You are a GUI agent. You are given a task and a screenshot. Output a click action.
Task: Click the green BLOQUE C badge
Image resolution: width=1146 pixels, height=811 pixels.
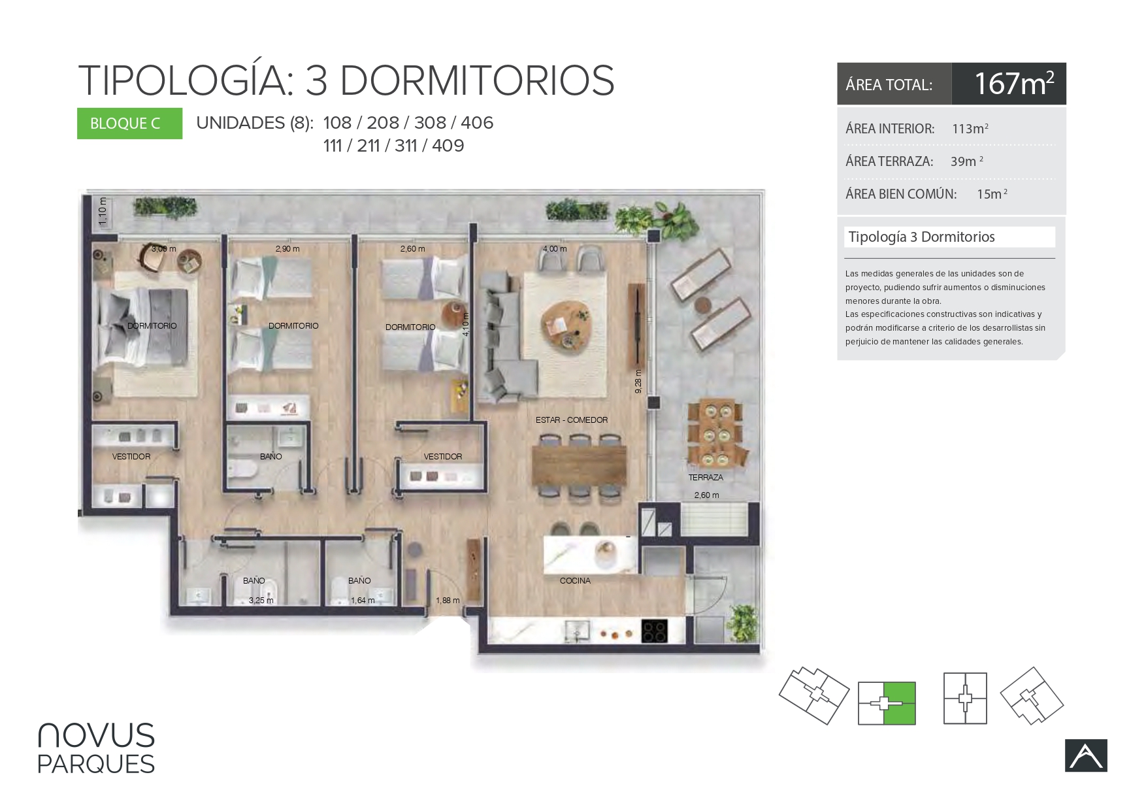pyautogui.click(x=129, y=124)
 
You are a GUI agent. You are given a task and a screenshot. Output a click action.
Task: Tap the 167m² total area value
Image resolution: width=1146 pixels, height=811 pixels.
pyautogui.click(x=1014, y=84)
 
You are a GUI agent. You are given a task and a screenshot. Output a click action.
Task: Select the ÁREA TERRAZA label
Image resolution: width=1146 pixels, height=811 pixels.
pyautogui.click(x=889, y=161)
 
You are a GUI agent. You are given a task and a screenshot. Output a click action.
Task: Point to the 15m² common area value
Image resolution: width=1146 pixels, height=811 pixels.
pyautogui.click(x=992, y=193)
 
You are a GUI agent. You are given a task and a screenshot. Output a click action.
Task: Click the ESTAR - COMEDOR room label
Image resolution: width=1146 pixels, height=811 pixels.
pyautogui.click(x=572, y=420)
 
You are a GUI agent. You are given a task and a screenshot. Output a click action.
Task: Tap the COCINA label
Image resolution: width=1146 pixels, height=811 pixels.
pyautogui.click(x=575, y=581)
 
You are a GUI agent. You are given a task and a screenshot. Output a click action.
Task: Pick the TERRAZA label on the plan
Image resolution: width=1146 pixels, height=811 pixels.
pyautogui.click(x=706, y=478)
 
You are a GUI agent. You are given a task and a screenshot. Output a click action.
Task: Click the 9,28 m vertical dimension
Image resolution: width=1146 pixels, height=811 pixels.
pyautogui.click(x=638, y=382)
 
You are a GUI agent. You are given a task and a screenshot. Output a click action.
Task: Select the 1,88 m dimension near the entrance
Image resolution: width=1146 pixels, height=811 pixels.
pyautogui.click(x=448, y=601)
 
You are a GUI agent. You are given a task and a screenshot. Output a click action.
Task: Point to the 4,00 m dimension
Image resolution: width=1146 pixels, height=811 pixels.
pyautogui.click(x=555, y=249)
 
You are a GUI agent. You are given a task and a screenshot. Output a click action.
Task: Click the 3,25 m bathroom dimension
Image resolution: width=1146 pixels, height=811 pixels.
pyautogui.click(x=261, y=601)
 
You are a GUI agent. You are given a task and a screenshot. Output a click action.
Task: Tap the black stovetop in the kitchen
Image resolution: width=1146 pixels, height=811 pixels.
pyautogui.click(x=655, y=631)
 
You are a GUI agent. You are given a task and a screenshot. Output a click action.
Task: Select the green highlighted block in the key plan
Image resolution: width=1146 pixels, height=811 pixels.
pyautogui.click(x=900, y=703)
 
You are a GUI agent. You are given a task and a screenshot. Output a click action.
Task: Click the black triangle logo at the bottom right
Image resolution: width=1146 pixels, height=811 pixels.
pyautogui.click(x=1086, y=755)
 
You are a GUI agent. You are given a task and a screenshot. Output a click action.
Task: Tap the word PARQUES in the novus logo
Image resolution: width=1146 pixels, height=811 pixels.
pyautogui.click(x=96, y=764)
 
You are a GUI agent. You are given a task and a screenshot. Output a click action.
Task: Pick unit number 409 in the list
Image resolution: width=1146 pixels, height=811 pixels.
pyautogui.click(x=448, y=145)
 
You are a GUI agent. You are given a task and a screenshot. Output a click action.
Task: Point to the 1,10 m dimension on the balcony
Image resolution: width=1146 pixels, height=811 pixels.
pyautogui.click(x=103, y=212)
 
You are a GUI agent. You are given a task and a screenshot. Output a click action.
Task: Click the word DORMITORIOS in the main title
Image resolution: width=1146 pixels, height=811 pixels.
pyautogui.click(x=477, y=81)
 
